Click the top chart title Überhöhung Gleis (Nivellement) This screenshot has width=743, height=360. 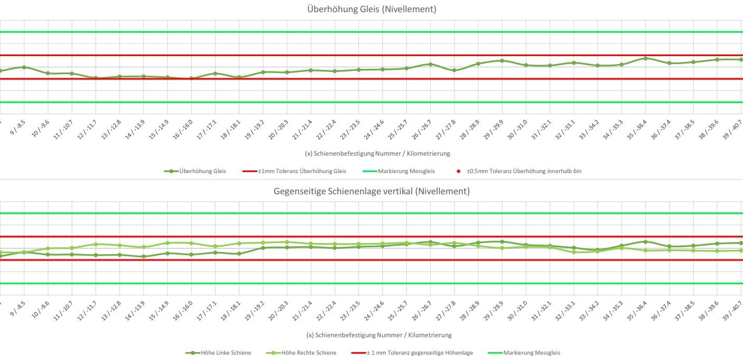tap(372, 9)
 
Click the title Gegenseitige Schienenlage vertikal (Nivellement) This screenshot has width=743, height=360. tap(372, 191)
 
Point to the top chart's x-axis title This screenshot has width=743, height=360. tap(377, 154)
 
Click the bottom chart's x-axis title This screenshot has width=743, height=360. tap(377, 335)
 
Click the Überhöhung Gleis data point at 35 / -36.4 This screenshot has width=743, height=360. tap(645, 58)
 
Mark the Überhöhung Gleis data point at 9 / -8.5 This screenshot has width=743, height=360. tap(24, 67)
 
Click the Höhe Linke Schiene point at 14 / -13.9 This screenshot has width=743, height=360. tap(143, 257)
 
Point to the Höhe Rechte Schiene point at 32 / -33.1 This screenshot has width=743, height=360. tap(573, 252)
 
